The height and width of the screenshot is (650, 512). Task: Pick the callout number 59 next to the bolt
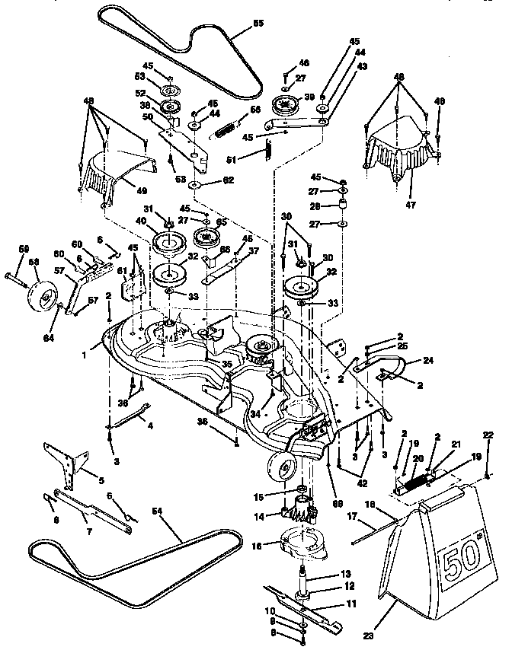coord(23,250)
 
